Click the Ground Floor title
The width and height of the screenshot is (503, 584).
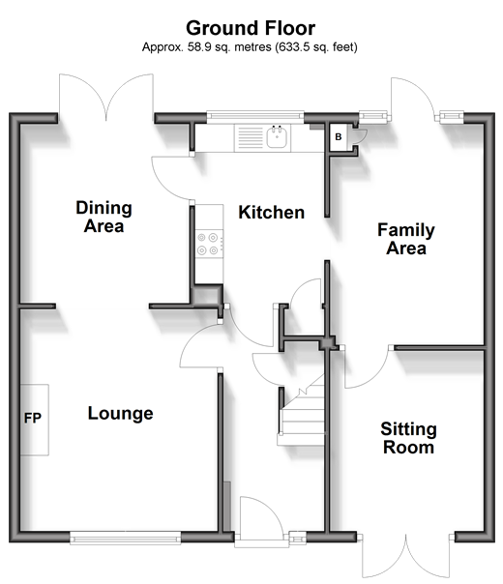251,28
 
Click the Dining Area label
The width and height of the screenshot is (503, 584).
104,217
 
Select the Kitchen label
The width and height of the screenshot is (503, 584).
271,213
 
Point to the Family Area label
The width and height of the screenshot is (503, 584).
406,239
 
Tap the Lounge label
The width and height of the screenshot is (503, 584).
120,413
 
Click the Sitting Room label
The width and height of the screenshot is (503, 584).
409,438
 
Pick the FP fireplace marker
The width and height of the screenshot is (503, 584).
33,418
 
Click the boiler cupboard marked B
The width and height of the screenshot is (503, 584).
339,136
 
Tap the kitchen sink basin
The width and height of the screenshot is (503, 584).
277,136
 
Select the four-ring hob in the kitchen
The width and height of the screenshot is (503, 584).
209,244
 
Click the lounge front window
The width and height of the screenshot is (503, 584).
125,538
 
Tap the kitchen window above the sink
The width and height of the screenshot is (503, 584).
255,115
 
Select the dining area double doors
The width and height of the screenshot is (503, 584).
105,98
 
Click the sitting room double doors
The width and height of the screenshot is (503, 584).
406,556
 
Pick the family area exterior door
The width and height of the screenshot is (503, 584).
413,98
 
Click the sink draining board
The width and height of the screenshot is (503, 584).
250,137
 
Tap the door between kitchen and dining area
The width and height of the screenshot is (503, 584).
172,178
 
